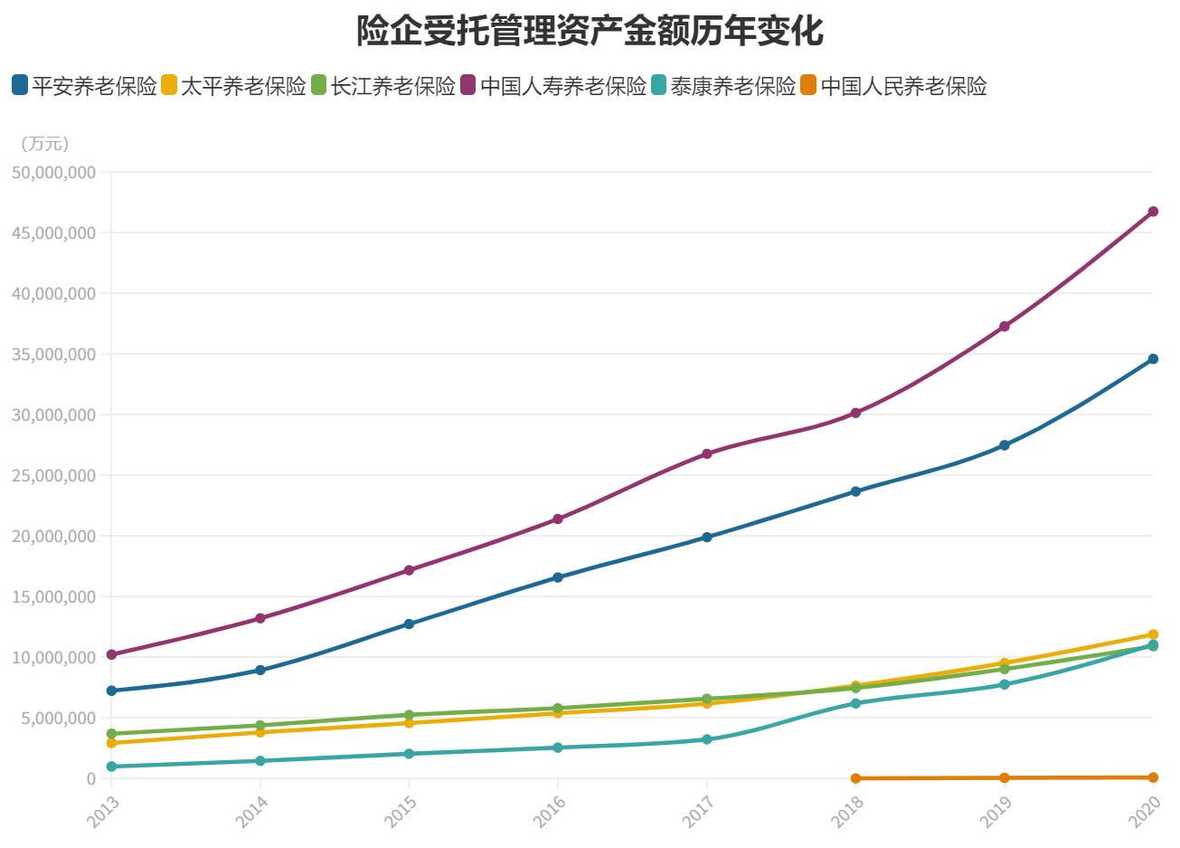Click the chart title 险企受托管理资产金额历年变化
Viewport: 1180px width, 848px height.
[x=590, y=30]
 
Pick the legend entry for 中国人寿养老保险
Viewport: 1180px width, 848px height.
[x=553, y=86]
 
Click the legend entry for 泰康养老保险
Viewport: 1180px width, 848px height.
[x=722, y=86]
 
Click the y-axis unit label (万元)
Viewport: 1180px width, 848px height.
[x=44, y=144]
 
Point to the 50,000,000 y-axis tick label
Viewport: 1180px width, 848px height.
[x=54, y=172]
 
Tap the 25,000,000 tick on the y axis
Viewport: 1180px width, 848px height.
[x=54, y=475]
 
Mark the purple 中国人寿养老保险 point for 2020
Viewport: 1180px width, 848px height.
[x=1153, y=212]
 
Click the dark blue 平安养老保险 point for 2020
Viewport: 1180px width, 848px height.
[x=1153, y=359]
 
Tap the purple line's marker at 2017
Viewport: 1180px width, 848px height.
[x=707, y=453]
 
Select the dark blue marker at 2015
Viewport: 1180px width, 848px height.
[x=409, y=624]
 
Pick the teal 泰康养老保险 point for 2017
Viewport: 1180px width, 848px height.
[x=707, y=739]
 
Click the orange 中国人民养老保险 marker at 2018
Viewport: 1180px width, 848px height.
[x=855, y=778]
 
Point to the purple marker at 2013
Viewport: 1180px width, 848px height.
[x=111, y=654]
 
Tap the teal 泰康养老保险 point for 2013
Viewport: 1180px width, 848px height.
[x=111, y=767]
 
